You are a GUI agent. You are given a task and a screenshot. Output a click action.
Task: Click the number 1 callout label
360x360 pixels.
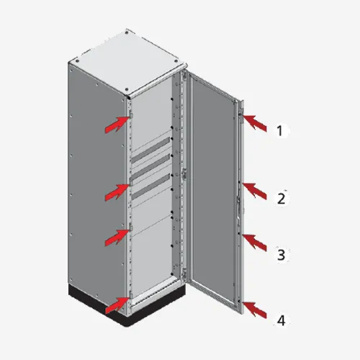(x=279, y=131)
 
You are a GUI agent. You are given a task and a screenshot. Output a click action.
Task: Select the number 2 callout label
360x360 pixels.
(x=281, y=199)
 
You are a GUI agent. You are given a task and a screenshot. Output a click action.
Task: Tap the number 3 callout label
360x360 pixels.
(x=282, y=255)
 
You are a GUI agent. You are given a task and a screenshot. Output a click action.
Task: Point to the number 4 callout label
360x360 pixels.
(x=282, y=320)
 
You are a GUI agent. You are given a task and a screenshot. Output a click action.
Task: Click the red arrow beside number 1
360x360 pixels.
(x=255, y=122)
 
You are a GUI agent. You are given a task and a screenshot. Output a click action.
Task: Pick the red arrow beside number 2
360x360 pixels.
(x=255, y=191)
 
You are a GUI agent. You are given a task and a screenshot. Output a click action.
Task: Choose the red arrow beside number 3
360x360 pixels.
(x=255, y=243)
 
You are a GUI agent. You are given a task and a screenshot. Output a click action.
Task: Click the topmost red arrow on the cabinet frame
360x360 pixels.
(x=117, y=125)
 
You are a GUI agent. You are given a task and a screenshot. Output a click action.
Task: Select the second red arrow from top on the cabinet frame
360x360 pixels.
(x=117, y=192)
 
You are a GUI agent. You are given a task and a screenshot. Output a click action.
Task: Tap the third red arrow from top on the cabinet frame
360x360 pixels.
(x=117, y=238)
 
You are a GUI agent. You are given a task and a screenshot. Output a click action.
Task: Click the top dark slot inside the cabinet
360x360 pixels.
(x=150, y=150)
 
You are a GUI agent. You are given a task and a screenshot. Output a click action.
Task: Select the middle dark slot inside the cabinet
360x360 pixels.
(x=150, y=168)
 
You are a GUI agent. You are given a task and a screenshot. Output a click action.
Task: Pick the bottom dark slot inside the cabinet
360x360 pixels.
(x=150, y=187)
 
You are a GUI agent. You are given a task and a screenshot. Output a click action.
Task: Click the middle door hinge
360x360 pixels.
(x=184, y=174)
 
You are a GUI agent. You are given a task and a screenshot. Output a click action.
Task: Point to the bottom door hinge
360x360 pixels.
(x=184, y=274)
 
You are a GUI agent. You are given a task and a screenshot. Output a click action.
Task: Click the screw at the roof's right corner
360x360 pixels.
(x=177, y=61)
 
